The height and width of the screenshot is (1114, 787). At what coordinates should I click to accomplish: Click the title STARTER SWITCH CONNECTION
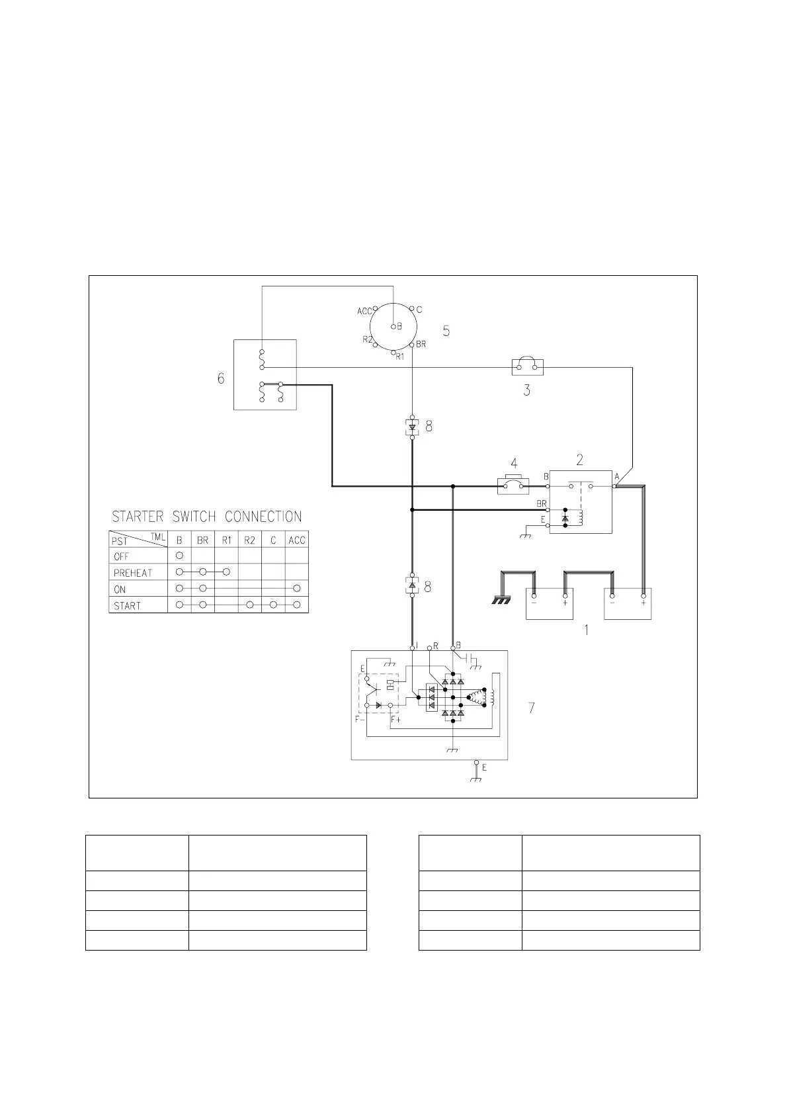click(x=206, y=517)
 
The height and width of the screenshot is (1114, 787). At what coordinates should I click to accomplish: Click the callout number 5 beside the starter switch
click(x=446, y=331)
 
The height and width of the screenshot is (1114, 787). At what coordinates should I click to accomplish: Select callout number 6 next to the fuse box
click(x=221, y=378)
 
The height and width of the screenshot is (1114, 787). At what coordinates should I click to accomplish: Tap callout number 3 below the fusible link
click(x=526, y=390)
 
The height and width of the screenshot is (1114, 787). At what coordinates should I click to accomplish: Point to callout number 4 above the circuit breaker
click(x=514, y=464)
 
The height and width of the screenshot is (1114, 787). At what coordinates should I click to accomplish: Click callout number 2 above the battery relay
click(x=580, y=460)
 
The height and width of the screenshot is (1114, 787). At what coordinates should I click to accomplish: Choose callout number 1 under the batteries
click(x=585, y=630)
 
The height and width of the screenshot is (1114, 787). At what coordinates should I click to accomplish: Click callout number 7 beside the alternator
click(x=531, y=708)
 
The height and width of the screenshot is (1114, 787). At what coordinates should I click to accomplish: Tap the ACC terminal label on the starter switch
click(x=364, y=311)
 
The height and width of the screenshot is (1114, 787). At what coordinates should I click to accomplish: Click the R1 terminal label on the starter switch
click(x=400, y=357)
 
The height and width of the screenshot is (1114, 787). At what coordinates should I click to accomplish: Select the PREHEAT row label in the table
click(x=132, y=573)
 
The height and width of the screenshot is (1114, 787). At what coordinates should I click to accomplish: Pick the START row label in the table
click(x=127, y=605)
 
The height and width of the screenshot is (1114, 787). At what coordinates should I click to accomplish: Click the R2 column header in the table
click(x=249, y=540)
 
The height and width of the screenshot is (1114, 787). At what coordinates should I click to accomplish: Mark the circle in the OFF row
click(x=179, y=556)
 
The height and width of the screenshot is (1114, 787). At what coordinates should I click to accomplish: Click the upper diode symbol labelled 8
click(x=412, y=427)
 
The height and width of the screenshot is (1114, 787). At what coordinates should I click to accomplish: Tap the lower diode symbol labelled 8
click(x=412, y=585)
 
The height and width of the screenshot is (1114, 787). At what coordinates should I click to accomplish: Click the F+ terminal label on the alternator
click(x=396, y=719)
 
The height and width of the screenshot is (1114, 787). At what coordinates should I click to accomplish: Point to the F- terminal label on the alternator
click(x=360, y=719)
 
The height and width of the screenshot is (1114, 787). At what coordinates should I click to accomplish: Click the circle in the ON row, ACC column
click(x=297, y=588)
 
